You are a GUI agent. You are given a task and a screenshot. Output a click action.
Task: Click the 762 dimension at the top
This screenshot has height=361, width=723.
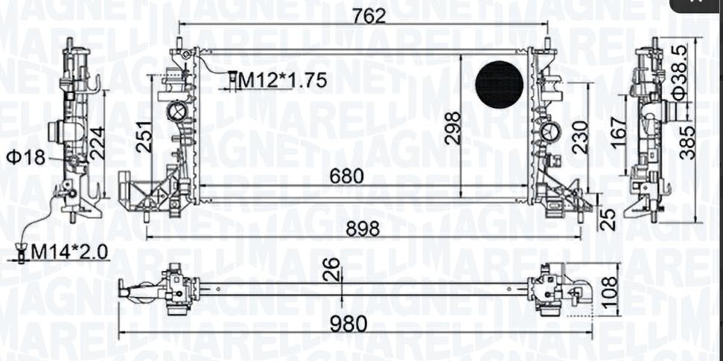click(369, 16)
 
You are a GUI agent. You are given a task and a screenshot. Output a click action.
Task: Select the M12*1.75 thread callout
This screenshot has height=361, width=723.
click(283, 80)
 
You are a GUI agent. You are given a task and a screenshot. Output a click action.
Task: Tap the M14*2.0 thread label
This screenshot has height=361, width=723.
click(69, 252)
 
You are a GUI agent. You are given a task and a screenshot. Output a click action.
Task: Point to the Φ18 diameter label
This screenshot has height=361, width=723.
click(26, 158)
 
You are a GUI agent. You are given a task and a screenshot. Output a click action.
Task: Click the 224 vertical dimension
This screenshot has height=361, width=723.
click(98, 144)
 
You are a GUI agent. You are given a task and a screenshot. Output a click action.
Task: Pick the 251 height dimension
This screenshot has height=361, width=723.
click(144, 137)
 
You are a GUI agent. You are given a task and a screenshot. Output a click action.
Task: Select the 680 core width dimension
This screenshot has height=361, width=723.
click(347, 176)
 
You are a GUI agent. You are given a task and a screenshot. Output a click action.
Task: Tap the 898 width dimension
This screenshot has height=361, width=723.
click(362, 229)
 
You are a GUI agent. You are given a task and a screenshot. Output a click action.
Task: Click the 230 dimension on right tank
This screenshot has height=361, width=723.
click(580, 137)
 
